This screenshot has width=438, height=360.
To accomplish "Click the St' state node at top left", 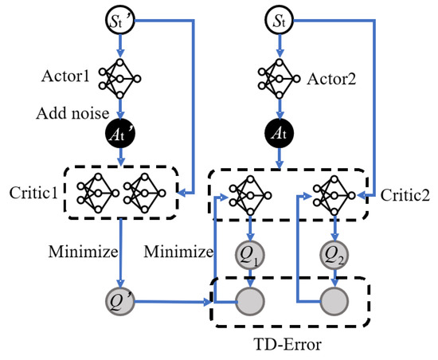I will point(119,16).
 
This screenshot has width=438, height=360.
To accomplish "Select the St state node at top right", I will point(279,16).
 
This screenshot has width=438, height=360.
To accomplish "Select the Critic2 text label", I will point(403,194).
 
